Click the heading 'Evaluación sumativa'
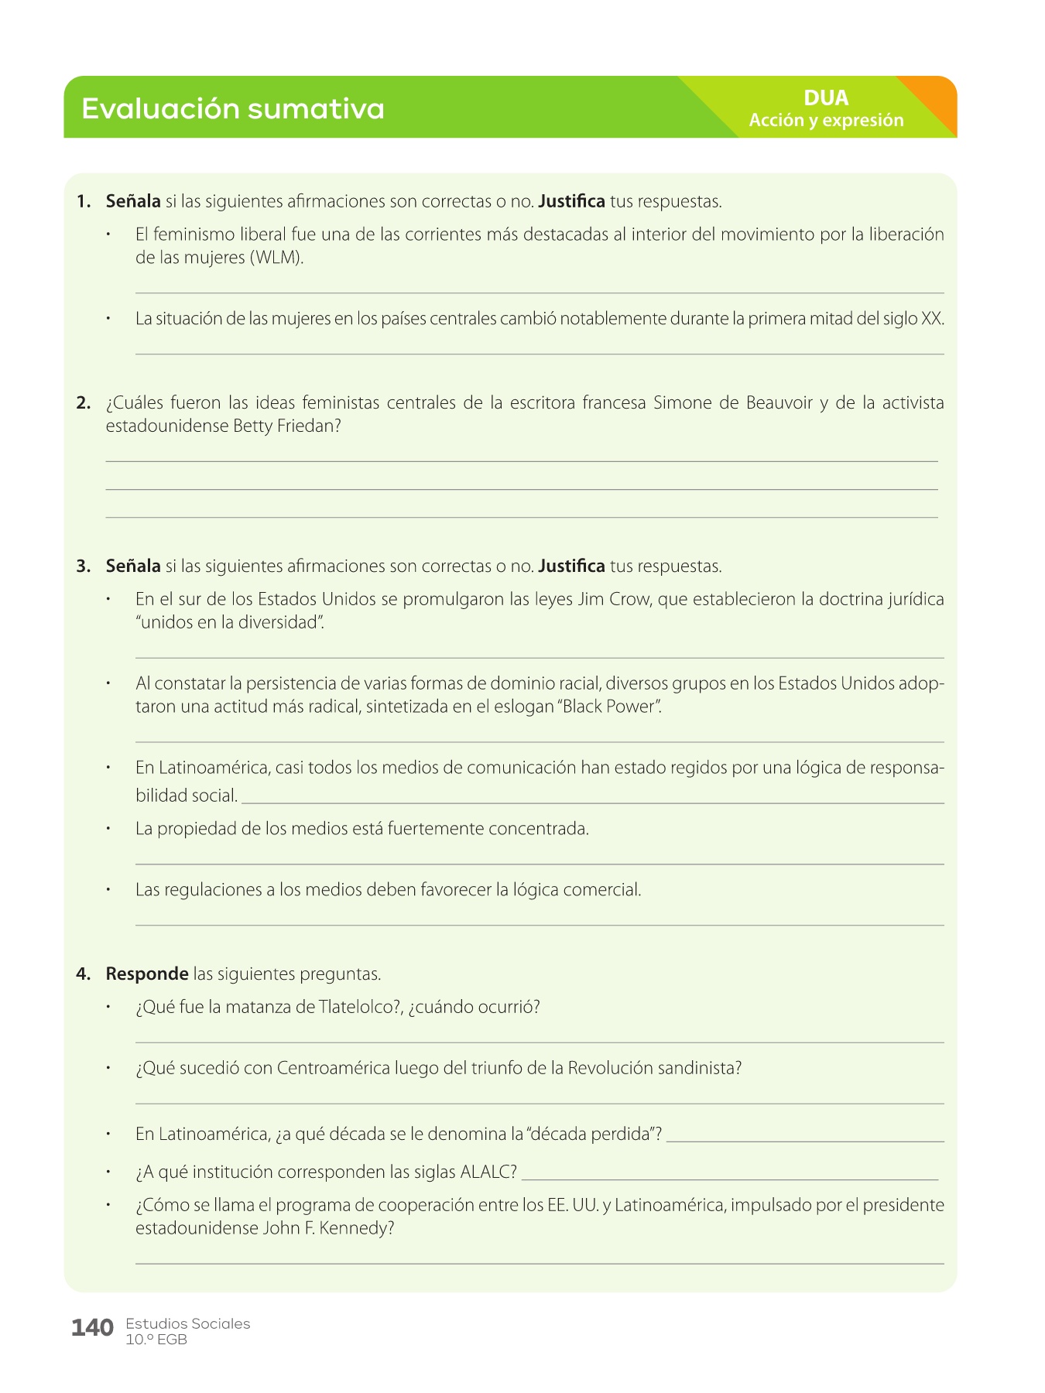[232, 108]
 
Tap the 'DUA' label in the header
[826, 98]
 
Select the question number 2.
[84, 403]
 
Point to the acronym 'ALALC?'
[488, 1172]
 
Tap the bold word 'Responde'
[147, 974]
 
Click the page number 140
[92, 1328]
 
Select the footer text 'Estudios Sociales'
[187, 1323]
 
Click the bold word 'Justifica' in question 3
[571, 566]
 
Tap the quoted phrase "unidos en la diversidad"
[229, 622]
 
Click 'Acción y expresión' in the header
[826, 120]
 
